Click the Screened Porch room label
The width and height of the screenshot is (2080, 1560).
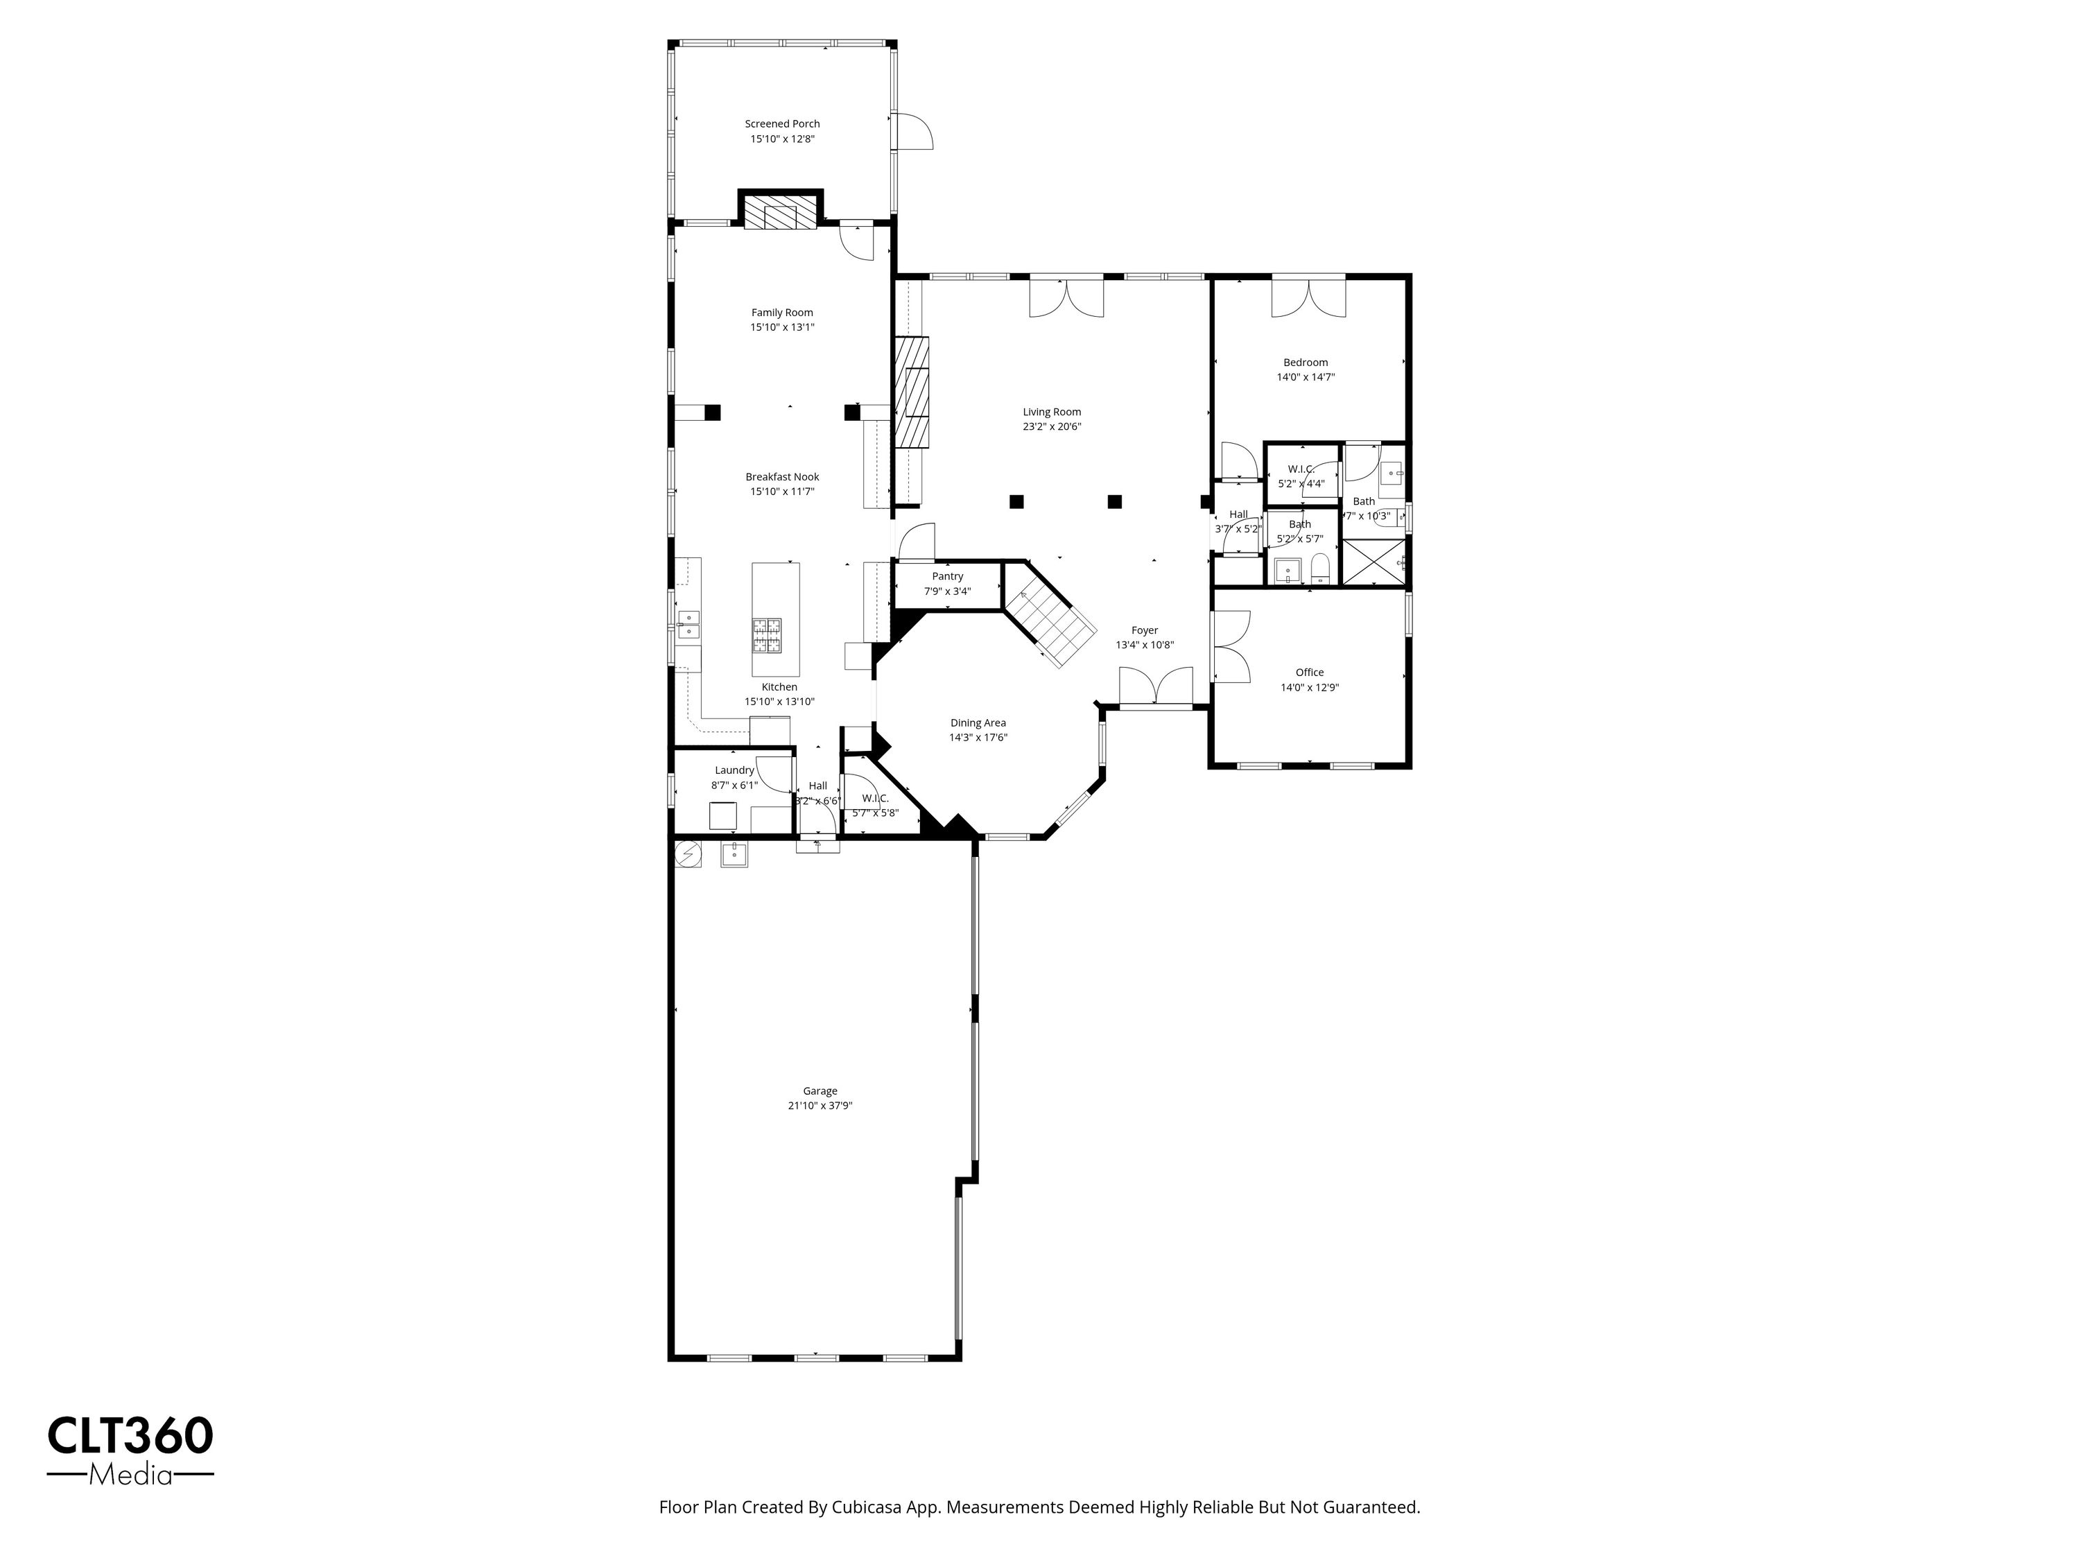click(782, 123)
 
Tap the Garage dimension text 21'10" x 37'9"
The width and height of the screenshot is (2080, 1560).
click(820, 1106)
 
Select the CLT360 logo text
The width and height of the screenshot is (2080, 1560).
click(131, 1436)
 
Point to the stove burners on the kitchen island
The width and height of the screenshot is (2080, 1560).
click(766, 636)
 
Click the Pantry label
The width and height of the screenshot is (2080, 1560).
click(948, 576)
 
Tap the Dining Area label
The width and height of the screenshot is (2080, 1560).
click(978, 723)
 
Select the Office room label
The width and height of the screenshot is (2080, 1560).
click(1310, 673)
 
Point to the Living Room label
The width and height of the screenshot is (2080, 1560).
click(1052, 412)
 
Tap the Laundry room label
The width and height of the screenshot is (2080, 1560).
click(734, 770)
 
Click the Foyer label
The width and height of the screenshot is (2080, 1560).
click(1145, 631)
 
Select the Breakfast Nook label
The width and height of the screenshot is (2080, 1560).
click(782, 477)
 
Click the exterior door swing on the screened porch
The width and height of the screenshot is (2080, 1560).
click(913, 131)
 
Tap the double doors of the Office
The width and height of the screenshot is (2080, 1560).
click(1231, 646)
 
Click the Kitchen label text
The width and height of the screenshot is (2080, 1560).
click(779, 687)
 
